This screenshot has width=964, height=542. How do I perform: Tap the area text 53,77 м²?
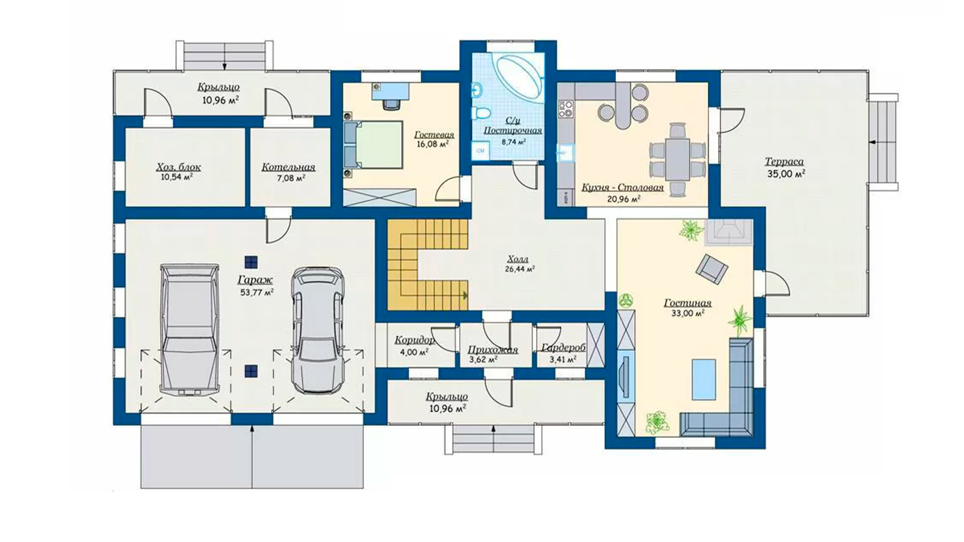(x=257, y=292)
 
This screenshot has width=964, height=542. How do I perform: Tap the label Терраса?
(x=784, y=162)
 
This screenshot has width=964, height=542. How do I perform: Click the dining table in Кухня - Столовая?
(x=677, y=160)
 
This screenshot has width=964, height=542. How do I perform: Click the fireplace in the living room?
(x=729, y=232)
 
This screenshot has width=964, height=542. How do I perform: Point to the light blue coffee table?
(x=704, y=379)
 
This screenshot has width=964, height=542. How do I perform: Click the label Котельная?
(x=288, y=167)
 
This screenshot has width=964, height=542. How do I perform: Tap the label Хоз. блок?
(x=178, y=167)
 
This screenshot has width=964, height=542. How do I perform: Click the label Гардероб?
(x=563, y=347)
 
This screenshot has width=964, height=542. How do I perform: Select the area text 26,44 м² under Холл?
(x=520, y=269)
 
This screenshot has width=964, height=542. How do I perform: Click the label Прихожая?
(x=493, y=350)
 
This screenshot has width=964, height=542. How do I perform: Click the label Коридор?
(x=415, y=340)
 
